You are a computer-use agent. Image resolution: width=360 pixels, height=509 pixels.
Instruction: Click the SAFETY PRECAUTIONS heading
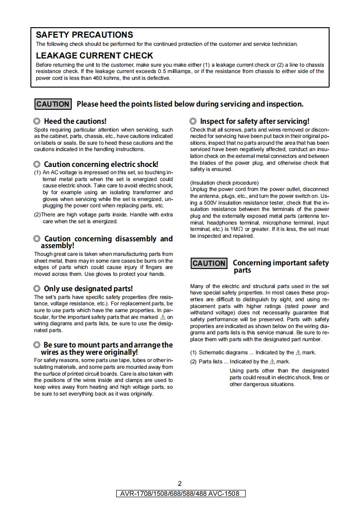tap(84, 35)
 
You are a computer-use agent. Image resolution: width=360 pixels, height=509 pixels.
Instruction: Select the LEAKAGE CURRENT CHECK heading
tap(94, 56)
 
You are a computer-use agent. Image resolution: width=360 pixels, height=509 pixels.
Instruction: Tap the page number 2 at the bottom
tap(180, 484)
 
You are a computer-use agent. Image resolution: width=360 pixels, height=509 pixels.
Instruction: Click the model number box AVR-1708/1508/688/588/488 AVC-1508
tap(180, 494)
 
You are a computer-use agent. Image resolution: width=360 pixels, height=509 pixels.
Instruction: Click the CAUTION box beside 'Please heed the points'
tap(53, 104)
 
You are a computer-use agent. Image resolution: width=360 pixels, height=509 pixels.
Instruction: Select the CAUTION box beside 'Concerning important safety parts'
tap(209, 264)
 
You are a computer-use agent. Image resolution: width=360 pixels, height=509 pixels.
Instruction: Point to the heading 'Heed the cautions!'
tap(75, 121)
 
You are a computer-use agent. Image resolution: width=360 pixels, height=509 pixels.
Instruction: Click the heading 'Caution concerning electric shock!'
tap(101, 164)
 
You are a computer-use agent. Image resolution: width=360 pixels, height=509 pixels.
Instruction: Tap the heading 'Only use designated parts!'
tap(88, 289)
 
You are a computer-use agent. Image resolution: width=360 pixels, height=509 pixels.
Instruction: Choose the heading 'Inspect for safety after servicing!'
tap(255, 121)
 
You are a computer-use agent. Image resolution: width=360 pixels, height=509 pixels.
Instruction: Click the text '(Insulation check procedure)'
tap(224, 183)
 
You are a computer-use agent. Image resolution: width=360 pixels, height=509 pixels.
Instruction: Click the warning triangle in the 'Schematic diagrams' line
tap(298, 352)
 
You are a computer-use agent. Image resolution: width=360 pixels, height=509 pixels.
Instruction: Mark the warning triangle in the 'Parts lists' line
tap(272, 362)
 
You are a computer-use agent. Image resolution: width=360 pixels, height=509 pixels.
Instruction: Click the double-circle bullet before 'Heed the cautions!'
tap(37, 121)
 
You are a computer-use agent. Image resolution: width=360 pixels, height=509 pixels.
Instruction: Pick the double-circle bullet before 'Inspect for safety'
tap(193, 121)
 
